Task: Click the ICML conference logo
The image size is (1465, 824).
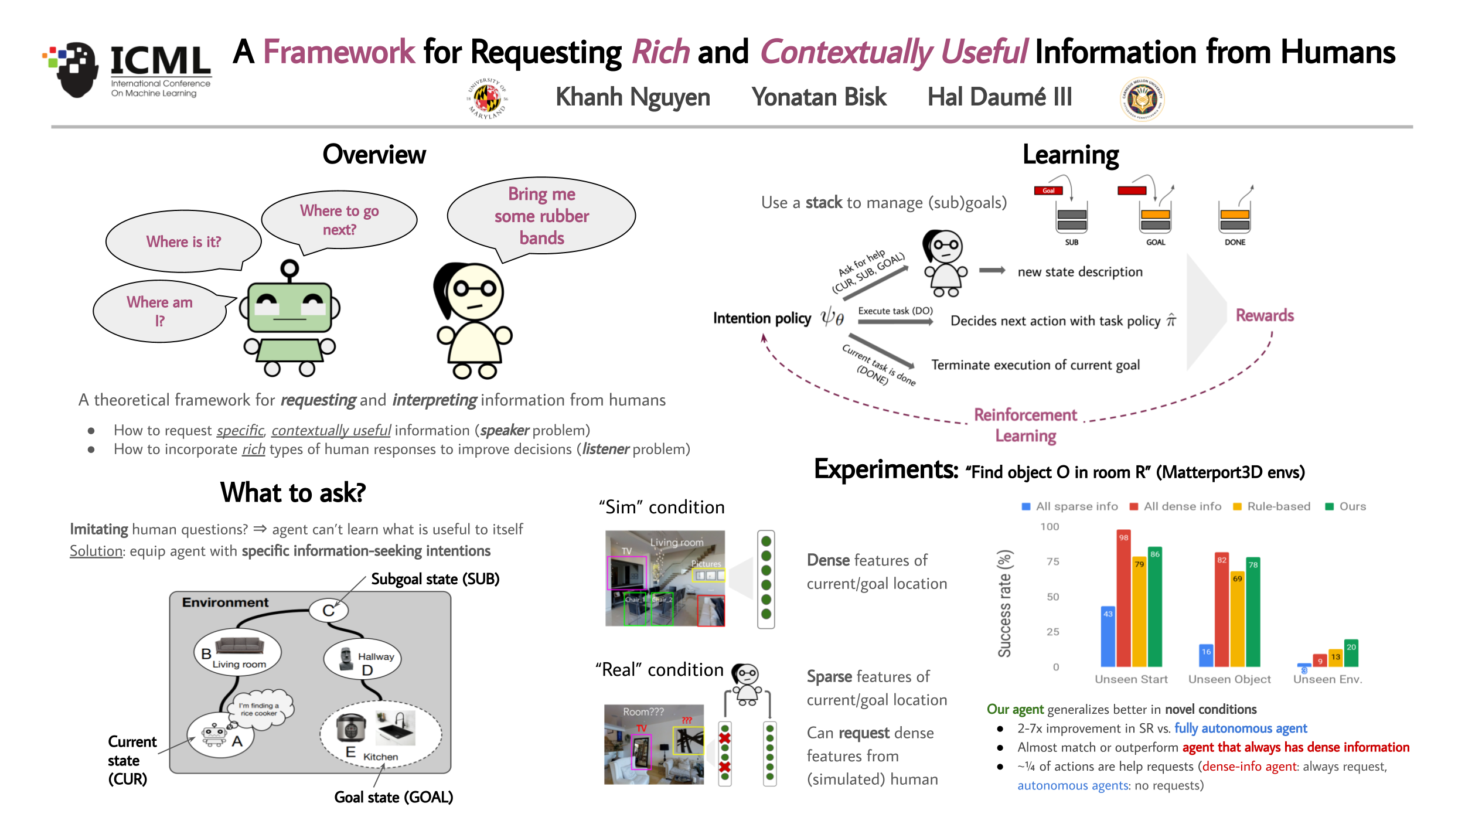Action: [128, 71]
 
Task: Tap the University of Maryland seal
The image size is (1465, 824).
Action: [487, 99]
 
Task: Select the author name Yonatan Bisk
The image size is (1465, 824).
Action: [819, 97]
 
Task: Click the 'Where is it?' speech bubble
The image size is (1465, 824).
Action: [183, 241]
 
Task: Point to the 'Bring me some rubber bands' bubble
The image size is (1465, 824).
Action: [541, 216]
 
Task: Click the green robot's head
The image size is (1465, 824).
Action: [290, 308]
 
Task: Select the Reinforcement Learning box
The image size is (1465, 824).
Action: [1025, 425]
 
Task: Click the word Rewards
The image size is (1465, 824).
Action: [1265, 315]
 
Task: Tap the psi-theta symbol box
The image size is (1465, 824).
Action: [833, 318]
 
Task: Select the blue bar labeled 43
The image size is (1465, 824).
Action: [1108, 636]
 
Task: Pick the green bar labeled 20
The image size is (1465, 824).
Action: [1351, 653]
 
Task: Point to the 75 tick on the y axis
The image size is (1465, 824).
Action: [1052, 561]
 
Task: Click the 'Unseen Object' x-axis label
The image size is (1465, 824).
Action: [1229, 679]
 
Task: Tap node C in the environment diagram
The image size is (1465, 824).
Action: [328, 611]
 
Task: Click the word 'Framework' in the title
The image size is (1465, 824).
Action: [339, 52]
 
